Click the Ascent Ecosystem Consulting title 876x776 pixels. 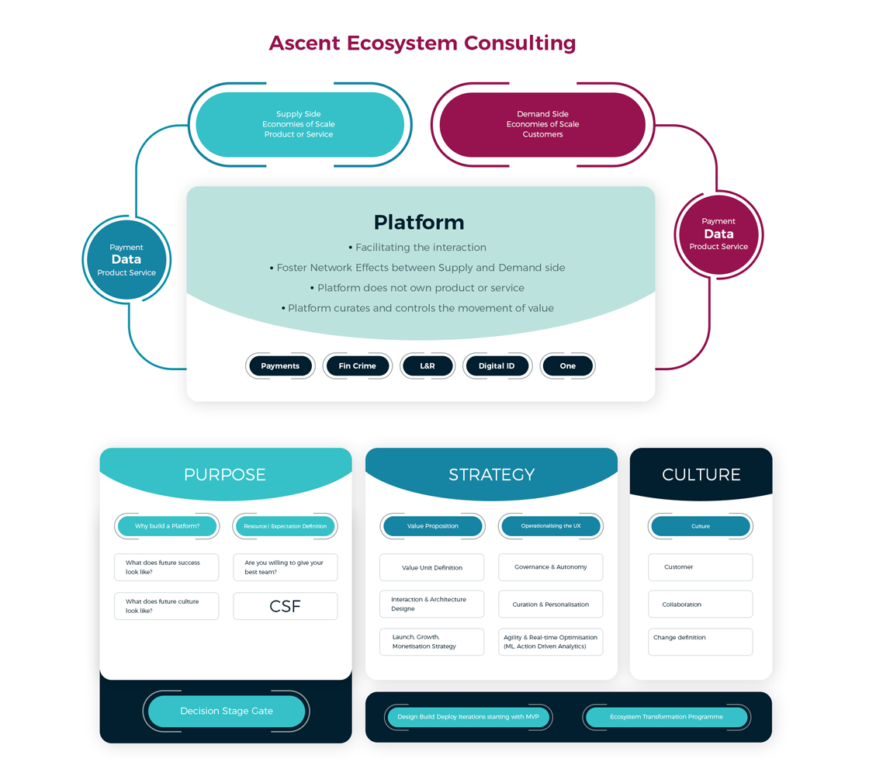[422, 42]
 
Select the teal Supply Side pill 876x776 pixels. [300, 124]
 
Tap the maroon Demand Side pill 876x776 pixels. [542, 124]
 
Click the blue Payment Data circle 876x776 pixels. [126, 259]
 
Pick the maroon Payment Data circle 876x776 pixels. [718, 234]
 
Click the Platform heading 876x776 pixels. [419, 223]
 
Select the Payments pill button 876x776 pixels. [280, 365]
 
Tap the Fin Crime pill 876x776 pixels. [357, 365]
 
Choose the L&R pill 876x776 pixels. [428, 365]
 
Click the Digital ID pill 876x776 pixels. [497, 365]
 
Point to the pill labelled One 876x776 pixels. [568, 365]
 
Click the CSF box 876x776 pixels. [285, 606]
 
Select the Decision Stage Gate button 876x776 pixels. [227, 711]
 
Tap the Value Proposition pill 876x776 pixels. [432, 526]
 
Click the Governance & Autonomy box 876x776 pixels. [551, 567]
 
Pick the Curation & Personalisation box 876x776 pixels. [551, 605]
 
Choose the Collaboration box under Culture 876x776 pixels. [700, 605]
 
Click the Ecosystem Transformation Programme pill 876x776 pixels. [667, 717]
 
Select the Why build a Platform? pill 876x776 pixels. [167, 526]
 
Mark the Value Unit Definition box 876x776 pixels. [432, 567]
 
